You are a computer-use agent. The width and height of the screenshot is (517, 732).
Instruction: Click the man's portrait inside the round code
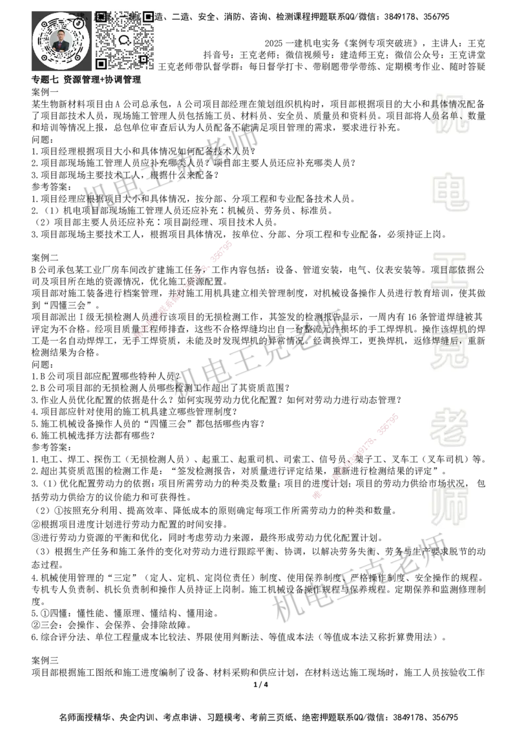pyautogui.click(x=60, y=41)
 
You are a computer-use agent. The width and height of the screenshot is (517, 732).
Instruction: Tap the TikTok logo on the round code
pyautogui.click(x=79, y=23)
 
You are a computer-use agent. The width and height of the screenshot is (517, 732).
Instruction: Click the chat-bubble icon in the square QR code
pyautogui.click(x=125, y=39)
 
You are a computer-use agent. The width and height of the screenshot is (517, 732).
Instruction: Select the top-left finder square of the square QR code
pyautogui.click(x=101, y=16)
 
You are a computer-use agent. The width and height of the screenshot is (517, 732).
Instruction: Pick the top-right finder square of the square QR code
pyautogui.click(x=149, y=16)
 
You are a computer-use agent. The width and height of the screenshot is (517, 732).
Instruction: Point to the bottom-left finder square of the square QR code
pyautogui.click(x=101, y=63)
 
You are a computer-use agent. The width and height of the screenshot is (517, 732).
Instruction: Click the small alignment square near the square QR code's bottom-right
pyautogui.click(x=143, y=59)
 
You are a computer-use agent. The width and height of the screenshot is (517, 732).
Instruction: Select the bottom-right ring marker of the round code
pyautogui.click(x=78, y=59)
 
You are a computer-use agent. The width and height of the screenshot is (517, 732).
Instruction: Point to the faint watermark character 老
pyautogui.click(x=449, y=427)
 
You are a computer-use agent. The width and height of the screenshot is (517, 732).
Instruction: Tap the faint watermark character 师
pyautogui.click(x=449, y=506)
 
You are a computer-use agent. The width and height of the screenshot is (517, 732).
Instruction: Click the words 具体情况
pyautogui.click(x=449, y=103)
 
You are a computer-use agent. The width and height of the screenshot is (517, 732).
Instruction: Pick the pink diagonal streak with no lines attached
pyautogui.click(x=182, y=289)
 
